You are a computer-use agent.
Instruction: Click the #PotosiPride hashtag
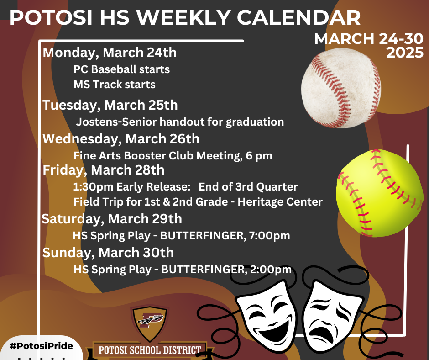tap(41, 346)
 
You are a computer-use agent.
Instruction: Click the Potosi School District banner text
tap(150, 350)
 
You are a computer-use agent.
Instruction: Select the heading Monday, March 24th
tap(110, 53)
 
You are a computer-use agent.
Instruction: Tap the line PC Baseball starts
tap(121, 69)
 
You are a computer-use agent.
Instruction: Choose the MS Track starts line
tap(114, 85)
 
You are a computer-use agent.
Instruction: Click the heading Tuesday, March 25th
tap(110, 105)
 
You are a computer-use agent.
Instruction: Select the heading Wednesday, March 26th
tap(121, 138)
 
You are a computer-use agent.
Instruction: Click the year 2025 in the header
tap(404, 53)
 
